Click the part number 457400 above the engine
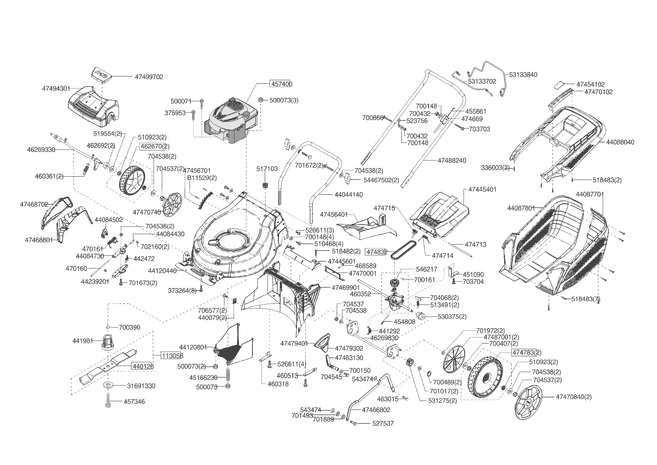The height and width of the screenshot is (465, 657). (281, 84)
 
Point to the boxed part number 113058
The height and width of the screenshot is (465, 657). (172, 355)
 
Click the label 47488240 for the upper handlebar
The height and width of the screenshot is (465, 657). (452, 160)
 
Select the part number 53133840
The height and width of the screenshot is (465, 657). (523, 75)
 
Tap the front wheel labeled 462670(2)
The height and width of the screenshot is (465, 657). (131, 181)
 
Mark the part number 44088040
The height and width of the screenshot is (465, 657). (620, 142)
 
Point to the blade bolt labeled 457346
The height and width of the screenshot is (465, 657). (108, 402)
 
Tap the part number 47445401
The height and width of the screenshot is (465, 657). (482, 189)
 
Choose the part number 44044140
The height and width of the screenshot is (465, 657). (348, 195)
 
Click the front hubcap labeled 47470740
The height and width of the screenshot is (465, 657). (173, 205)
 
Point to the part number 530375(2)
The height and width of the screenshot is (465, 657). (452, 316)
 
